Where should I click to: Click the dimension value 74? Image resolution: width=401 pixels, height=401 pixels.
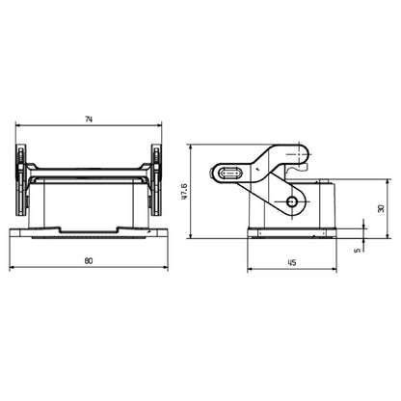click(88, 119)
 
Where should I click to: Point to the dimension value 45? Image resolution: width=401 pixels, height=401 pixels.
click(290, 261)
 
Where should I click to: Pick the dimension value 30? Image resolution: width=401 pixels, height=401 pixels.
click(380, 208)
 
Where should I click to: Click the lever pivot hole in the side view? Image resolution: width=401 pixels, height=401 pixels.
click(294, 201)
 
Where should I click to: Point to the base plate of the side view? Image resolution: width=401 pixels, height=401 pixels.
click(289, 233)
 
